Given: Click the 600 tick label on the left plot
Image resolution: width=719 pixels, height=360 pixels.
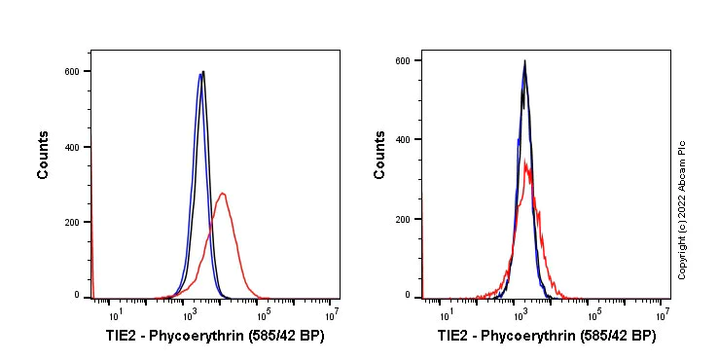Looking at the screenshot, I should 72,71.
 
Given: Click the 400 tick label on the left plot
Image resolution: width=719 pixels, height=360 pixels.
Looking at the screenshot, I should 72,147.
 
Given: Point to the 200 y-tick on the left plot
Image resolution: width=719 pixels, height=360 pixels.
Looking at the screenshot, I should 72,222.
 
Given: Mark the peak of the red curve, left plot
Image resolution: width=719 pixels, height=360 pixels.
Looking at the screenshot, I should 223,193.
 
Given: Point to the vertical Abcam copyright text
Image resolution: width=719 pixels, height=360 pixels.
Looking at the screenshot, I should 682,209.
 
